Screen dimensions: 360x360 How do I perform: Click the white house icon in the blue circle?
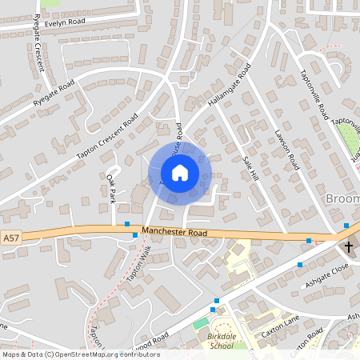coord(179,173)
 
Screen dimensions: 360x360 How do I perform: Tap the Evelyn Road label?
coord(64,24)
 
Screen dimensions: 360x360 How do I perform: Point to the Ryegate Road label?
coord(54,94)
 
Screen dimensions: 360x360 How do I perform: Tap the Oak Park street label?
coord(112,189)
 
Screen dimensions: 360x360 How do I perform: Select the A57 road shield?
coord(10,238)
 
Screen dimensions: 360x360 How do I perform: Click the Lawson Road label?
coord(286,150)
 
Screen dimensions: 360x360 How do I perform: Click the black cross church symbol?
coord(348,247)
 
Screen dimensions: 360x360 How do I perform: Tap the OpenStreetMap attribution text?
coord(80,354)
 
